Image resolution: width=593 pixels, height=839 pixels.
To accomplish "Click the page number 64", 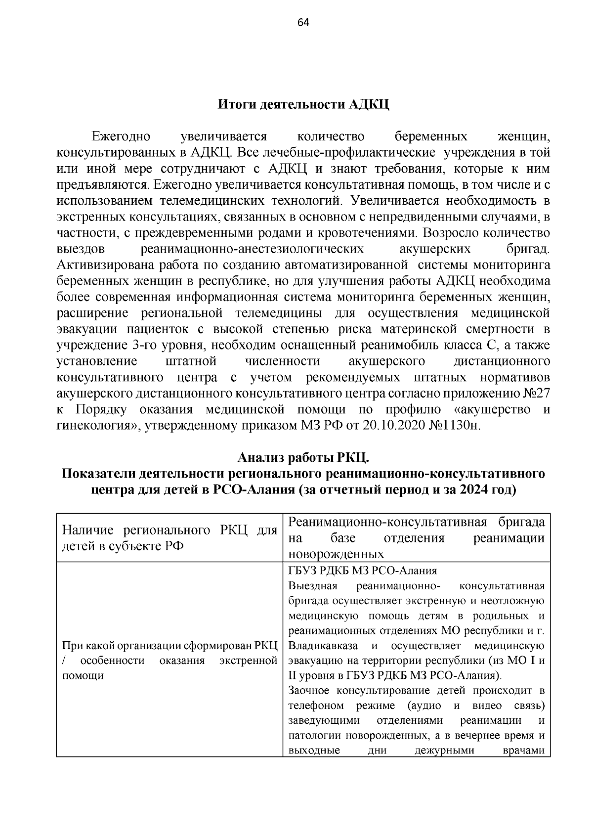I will pos(303,22).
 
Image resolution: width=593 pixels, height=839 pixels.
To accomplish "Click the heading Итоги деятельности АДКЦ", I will pos(303,105).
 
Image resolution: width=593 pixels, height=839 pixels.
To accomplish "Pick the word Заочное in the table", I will pos(309,691).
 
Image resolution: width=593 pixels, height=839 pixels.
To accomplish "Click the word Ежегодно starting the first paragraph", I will pos(121,136).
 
